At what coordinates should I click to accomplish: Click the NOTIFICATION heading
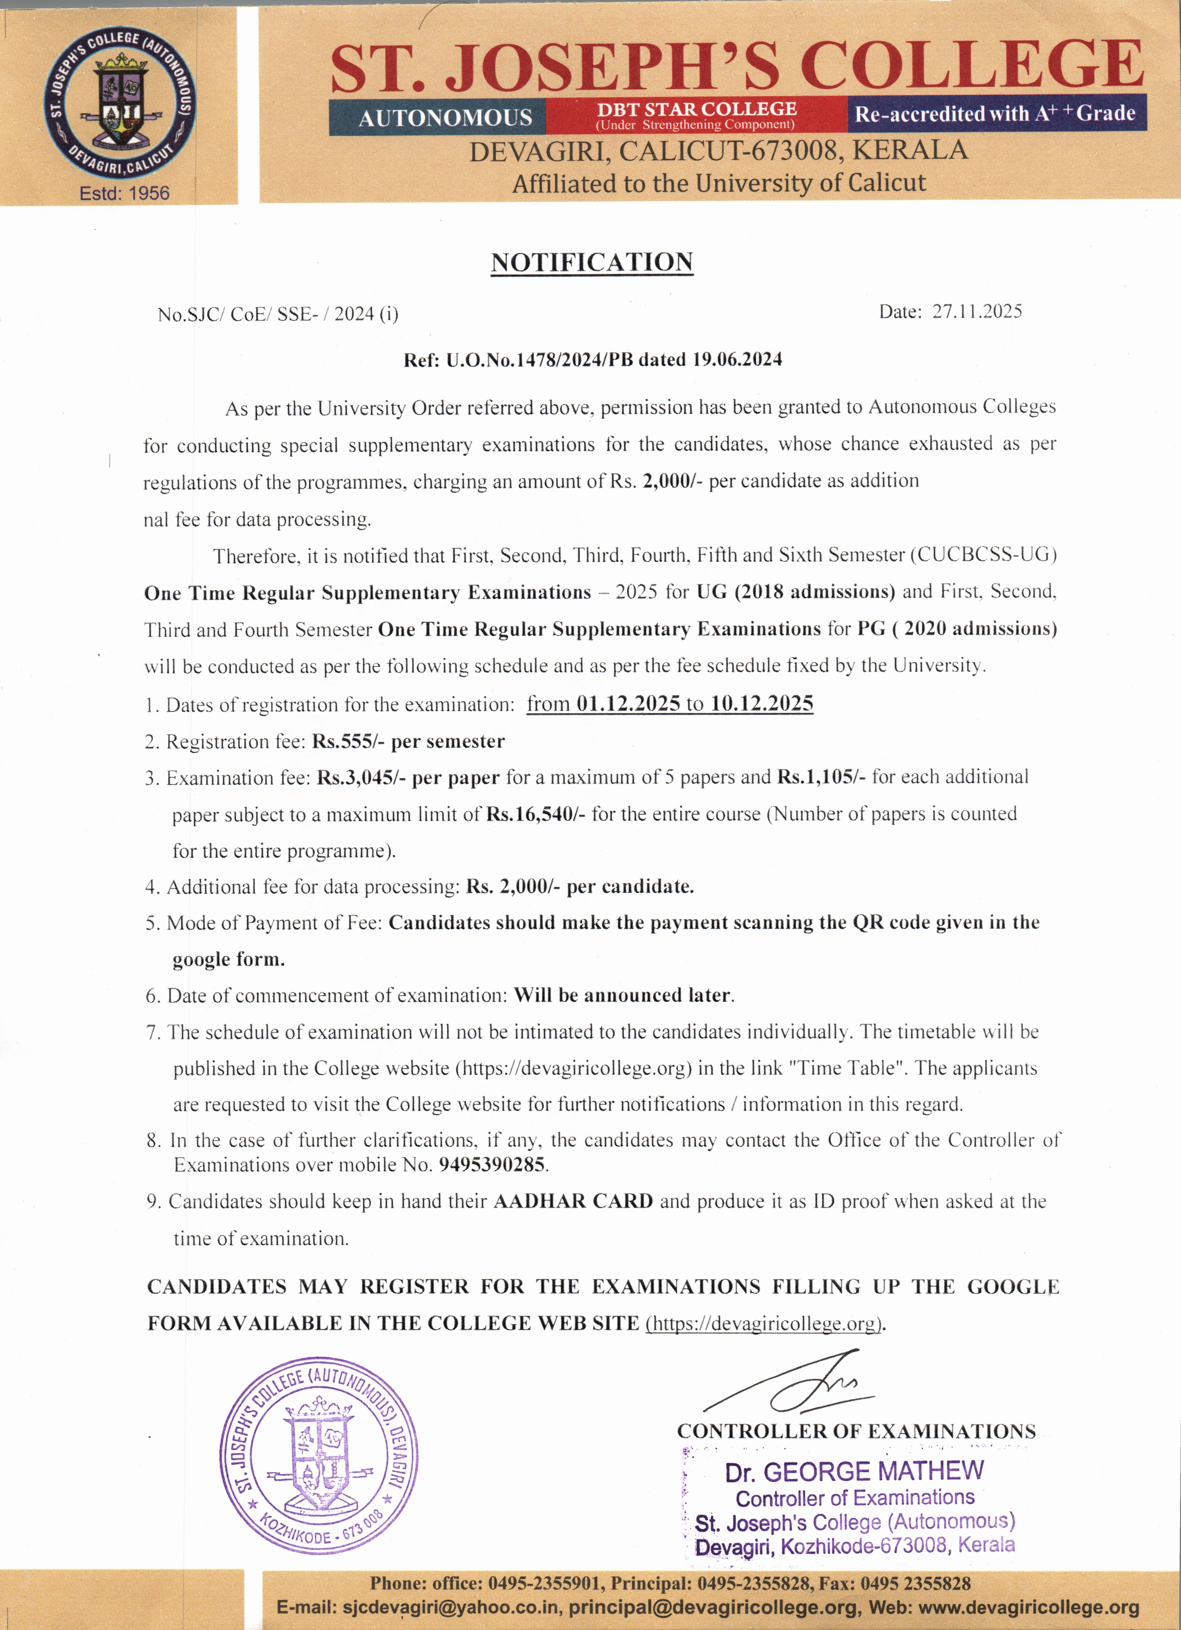tap(592, 262)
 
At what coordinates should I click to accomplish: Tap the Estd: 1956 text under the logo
tap(124, 193)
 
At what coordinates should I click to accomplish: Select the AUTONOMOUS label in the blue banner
tap(445, 117)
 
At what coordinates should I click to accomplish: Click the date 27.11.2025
tap(977, 311)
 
